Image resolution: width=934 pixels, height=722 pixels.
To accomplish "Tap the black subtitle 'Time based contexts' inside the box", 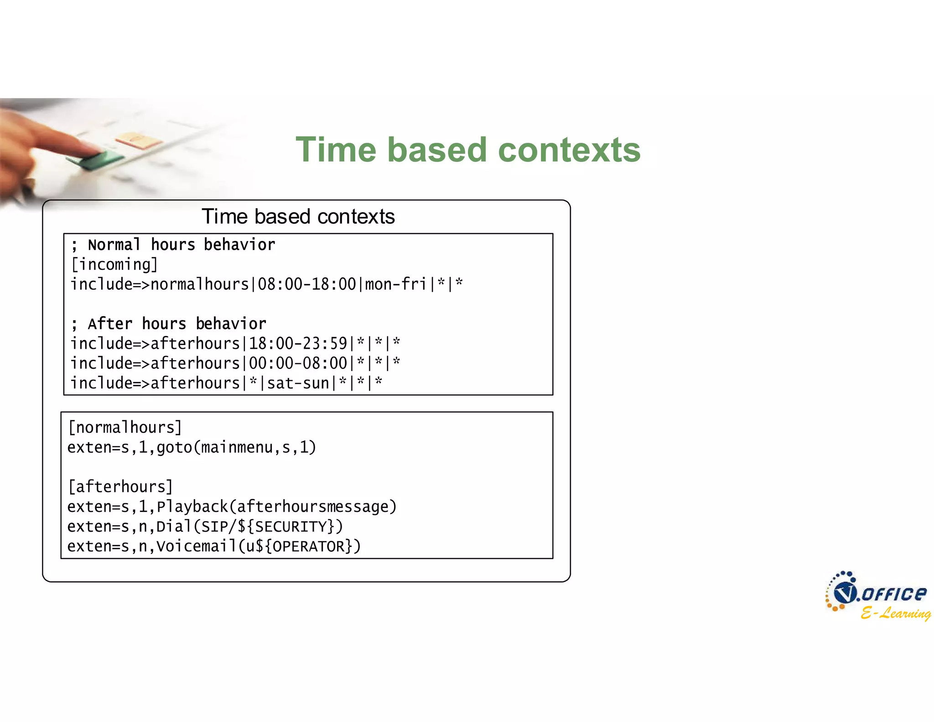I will [298, 216].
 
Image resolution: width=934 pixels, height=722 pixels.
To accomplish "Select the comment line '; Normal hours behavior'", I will [173, 245].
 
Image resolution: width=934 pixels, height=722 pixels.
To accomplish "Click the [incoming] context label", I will [114, 265].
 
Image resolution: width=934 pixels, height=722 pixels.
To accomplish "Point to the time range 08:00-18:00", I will [306, 284].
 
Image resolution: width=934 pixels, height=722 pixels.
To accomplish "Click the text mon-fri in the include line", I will [395, 284].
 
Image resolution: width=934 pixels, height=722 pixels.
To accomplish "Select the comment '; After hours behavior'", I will [169, 324].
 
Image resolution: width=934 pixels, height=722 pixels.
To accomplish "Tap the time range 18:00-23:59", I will [298, 343].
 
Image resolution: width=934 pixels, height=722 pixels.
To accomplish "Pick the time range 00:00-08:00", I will [298, 363].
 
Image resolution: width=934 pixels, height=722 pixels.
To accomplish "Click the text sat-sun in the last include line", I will [298, 383].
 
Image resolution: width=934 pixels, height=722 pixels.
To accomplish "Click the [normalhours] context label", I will [125, 428].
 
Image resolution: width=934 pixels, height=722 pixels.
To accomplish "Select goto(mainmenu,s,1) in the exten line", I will [236, 447].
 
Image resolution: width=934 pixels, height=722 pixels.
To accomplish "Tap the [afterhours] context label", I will [120, 487].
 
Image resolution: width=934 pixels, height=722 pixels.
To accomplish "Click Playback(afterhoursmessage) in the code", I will [276, 507].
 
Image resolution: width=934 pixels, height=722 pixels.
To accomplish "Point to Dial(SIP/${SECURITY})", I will [249, 527].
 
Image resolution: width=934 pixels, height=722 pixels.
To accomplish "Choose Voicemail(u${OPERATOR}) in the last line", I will [258, 546].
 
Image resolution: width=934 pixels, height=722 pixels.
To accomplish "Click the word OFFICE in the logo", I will [894, 594].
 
